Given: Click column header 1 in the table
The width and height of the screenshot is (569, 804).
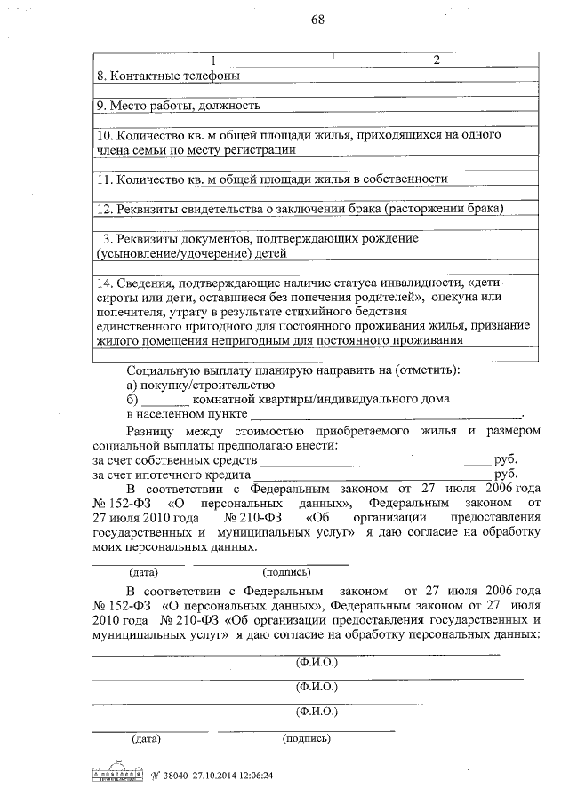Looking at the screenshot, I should coord(213,60).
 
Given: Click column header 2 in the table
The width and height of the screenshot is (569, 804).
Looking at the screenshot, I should coord(436,60).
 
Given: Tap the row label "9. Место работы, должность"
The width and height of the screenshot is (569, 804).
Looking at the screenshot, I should coord(178,106).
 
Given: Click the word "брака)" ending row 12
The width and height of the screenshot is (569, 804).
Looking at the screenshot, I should coord(483,209).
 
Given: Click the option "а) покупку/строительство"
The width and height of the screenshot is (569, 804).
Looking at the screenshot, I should coord(200,385).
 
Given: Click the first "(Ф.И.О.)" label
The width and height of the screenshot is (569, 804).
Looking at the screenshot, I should coord(317,663).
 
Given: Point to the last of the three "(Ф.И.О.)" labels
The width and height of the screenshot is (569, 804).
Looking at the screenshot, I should coord(317,712).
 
